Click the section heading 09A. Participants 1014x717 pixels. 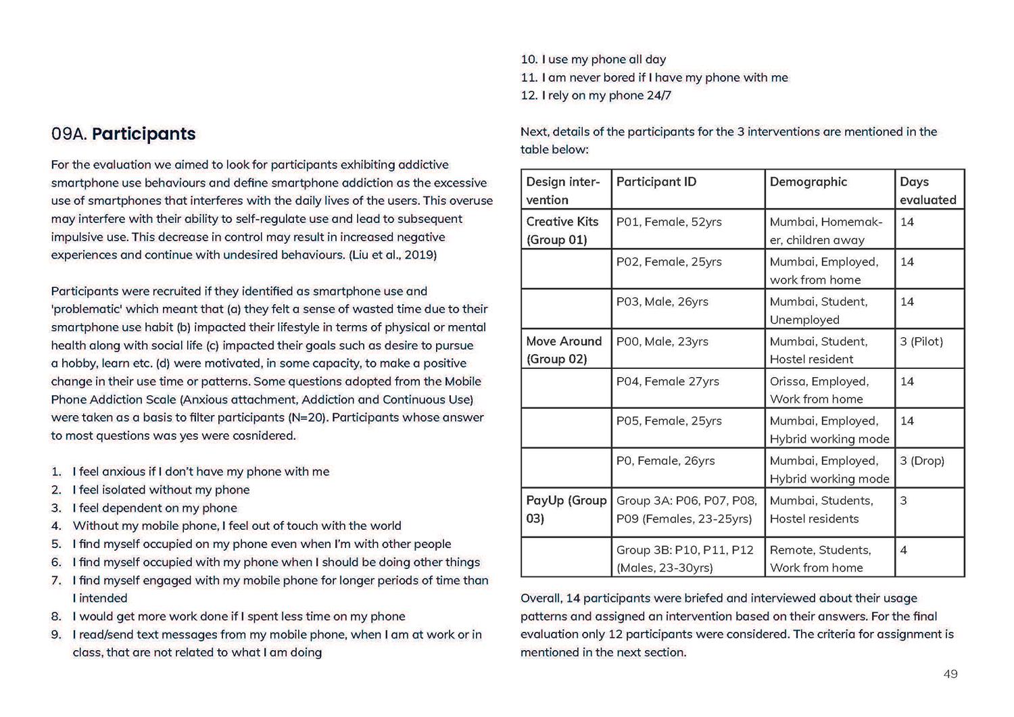tap(123, 134)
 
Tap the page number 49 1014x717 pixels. tap(950, 674)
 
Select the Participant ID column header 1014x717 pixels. tap(656, 182)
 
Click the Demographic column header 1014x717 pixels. tap(808, 182)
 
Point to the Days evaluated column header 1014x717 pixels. tap(927, 191)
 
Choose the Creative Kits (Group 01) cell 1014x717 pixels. tap(562, 230)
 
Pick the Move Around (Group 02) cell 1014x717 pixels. tap(564, 350)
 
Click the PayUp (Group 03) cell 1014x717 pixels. tap(566, 509)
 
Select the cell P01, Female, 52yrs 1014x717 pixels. tap(669, 222)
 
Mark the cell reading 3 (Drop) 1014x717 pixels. tap(922, 461)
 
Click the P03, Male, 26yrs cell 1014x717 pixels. tap(662, 301)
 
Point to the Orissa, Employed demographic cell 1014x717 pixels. tap(819, 390)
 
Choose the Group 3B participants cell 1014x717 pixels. tap(684, 559)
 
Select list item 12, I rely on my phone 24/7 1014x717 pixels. tap(596, 95)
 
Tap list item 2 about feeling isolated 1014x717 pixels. tap(161, 490)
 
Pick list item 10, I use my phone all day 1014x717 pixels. tap(594, 59)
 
